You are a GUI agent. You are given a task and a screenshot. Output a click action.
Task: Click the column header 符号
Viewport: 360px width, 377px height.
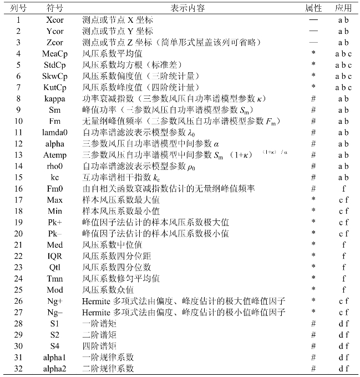point(54,8)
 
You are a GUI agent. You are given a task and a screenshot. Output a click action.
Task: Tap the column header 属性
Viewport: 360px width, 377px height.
point(313,8)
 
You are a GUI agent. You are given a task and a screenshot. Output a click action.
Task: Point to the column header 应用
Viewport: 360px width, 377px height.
point(343,8)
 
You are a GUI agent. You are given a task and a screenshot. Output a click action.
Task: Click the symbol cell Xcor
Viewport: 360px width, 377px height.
point(54,19)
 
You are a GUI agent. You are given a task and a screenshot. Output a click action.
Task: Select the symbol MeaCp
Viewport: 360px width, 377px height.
point(54,53)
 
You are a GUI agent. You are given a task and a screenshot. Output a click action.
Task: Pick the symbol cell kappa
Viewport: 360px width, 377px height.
point(54,98)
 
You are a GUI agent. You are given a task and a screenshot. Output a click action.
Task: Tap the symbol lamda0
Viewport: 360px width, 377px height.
point(54,132)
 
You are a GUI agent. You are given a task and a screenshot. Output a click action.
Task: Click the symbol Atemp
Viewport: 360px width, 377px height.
point(54,155)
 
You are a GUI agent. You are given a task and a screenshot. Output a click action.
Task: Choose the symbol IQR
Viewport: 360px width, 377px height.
point(54,256)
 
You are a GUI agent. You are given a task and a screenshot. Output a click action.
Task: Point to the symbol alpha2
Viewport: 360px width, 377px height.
point(54,369)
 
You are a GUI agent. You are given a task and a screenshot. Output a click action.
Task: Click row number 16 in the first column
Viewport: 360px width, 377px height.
point(18,189)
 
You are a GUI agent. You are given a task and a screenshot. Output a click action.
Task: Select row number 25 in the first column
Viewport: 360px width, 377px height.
point(18,290)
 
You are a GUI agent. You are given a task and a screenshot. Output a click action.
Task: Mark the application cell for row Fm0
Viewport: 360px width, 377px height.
point(343,189)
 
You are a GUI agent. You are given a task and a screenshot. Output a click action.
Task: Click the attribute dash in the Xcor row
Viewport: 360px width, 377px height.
point(313,19)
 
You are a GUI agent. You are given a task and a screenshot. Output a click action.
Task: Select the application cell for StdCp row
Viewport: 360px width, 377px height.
point(343,64)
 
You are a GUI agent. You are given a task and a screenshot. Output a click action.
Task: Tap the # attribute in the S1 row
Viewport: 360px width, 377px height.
point(313,324)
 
